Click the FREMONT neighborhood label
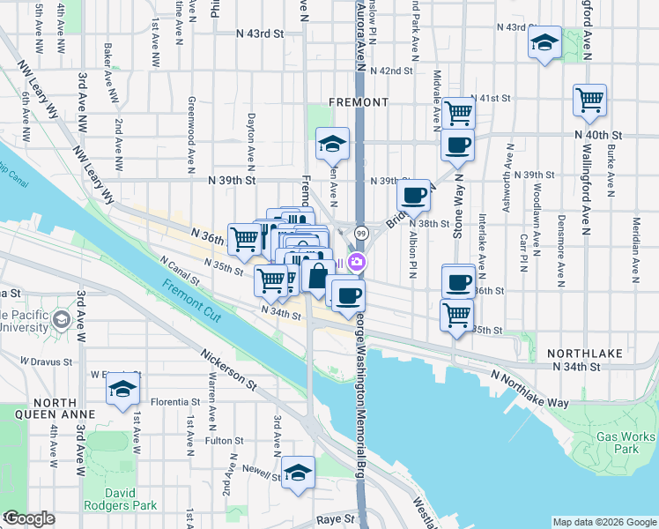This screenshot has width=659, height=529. click(358, 102)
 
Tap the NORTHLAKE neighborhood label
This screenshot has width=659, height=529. click(585, 353)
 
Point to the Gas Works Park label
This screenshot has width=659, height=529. click(625, 443)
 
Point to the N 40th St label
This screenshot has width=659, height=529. click(598, 135)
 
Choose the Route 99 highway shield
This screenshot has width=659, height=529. click(361, 231)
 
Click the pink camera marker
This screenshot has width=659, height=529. click(357, 261)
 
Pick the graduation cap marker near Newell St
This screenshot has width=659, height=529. click(298, 473)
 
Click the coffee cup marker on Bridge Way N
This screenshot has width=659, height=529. click(414, 196)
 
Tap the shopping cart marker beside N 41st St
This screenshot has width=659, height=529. click(458, 113)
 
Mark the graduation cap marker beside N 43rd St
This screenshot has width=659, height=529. click(544, 41)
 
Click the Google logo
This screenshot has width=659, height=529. click(28, 518)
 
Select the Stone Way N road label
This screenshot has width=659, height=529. click(457, 216)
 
